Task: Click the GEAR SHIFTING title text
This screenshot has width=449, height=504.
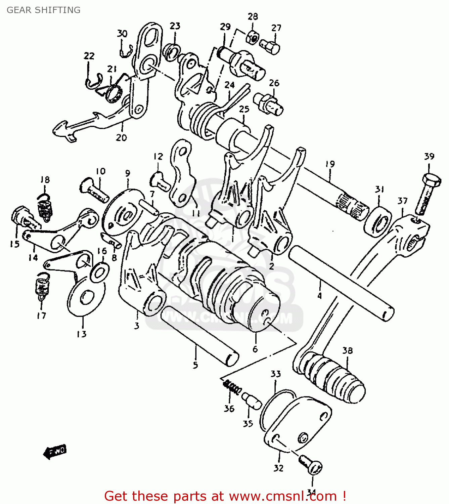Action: coord(43,10)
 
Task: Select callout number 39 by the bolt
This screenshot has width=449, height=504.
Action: coord(429,157)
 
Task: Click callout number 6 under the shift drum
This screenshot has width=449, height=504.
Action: coord(255,349)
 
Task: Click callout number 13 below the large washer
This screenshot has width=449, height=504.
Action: coord(82,334)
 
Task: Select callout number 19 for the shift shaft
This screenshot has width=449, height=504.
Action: coord(330,164)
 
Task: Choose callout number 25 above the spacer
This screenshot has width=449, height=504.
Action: coord(244,109)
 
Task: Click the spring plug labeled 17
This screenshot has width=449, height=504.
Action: coord(41,288)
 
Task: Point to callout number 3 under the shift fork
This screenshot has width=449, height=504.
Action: coord(136,326)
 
